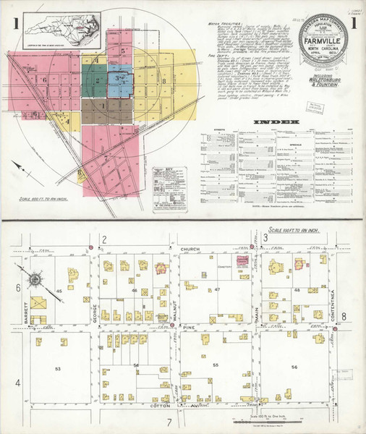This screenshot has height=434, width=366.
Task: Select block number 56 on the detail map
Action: (294, 367)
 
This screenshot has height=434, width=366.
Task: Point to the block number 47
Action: (217, 289)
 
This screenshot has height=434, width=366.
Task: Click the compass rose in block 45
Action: (35, 278)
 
